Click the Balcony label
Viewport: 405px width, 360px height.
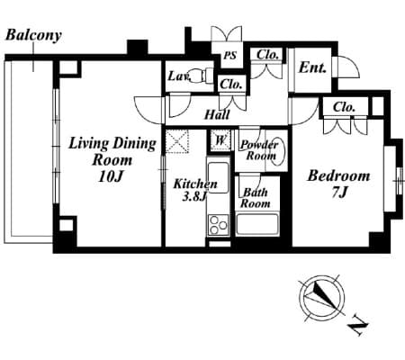click(x=33, y=35)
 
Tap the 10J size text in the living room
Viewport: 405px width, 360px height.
click(x=111, y=176)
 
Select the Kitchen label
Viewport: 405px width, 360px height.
click(x=195, y=184)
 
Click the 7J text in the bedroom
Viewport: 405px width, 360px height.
click(x=339, y=192)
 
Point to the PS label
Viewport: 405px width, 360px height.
click(x=230, y=56)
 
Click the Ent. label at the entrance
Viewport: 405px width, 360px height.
click(x=312, y=67)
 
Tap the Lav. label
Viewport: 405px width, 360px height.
click(x=179, y=76)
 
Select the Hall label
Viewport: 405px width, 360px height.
click(x=217, y=114)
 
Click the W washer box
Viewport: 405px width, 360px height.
click(x=220, y=139)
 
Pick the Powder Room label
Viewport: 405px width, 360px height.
click(x=259, y=150)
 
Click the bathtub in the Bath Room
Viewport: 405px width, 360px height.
click(x=257, y=224)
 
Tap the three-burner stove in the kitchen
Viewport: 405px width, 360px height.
click(x=218, y=225)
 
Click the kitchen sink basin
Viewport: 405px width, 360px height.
click(x=218, y=177)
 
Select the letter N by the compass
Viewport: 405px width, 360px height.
click(x=357, y=325)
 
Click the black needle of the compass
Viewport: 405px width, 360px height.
click(x=325, y=295)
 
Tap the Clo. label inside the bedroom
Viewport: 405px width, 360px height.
click(x=344, y=107)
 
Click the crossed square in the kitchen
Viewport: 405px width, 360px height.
click(x=177, y=141)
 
